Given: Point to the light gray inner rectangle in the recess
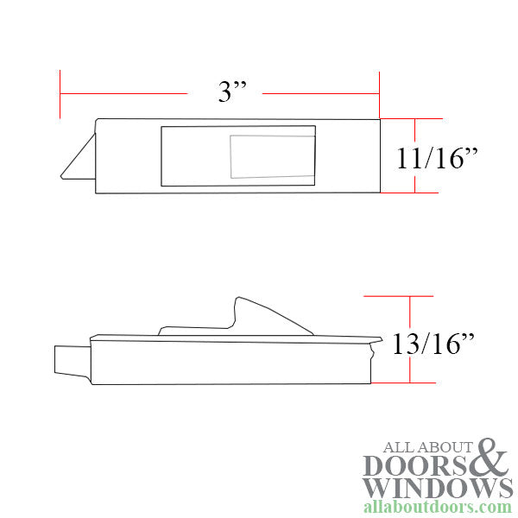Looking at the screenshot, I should pos(269,156).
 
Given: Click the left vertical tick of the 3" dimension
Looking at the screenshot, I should pos(60,92).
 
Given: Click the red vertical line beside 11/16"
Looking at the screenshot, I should pos(415,155).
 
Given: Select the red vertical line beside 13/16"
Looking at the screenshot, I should pos(408,338).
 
